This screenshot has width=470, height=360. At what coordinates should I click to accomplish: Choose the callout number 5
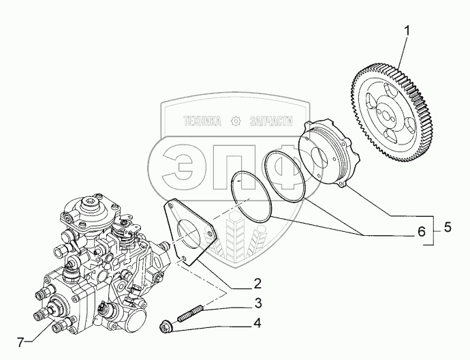[x=448, y=228]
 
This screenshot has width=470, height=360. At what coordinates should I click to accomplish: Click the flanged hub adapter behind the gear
[x=327, y=153]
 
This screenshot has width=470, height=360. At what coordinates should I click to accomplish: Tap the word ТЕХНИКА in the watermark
[x=202, y=121]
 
